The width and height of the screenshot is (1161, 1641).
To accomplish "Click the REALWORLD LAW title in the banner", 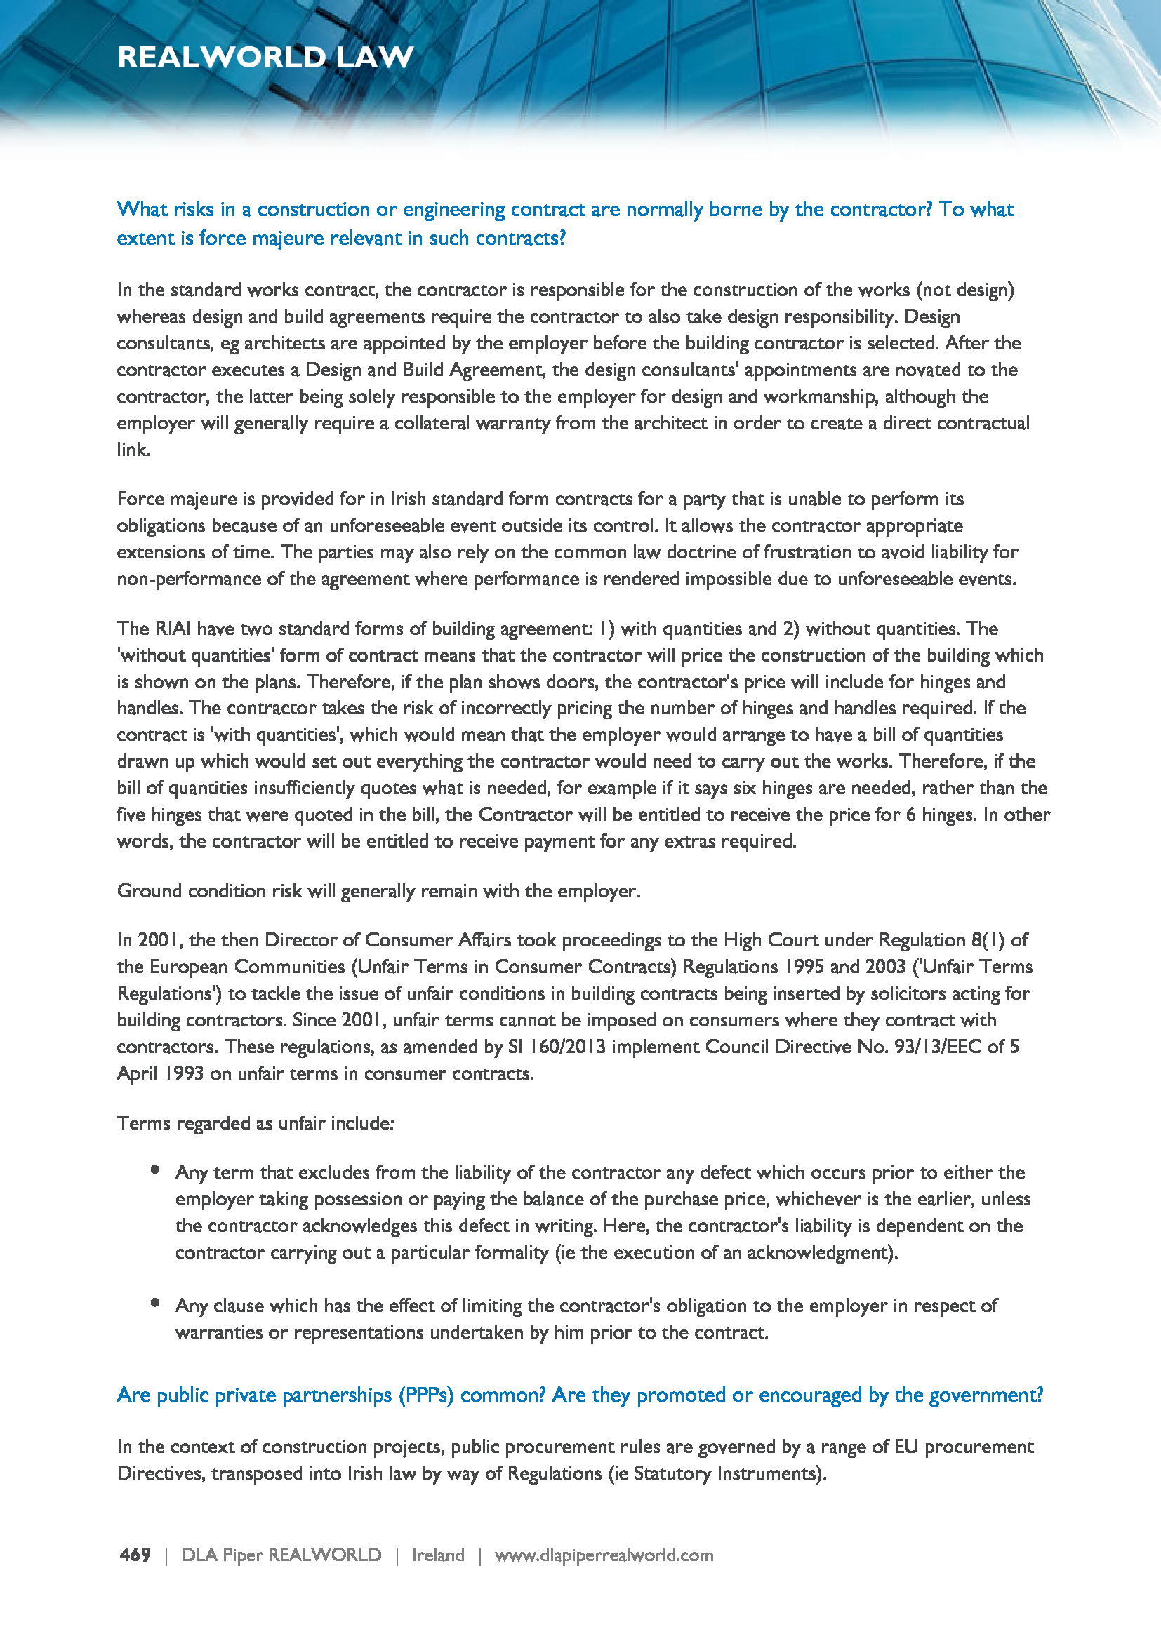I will point(265,57).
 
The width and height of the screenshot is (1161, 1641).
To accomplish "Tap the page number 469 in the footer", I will point(135,1555).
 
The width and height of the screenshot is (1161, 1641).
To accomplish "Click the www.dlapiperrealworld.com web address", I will point(604,1555).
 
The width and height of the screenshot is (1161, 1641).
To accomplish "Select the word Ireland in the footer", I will point(437,1555).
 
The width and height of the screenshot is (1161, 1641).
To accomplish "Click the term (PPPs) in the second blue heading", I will point(426,1395).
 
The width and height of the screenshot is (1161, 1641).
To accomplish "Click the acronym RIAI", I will point(172,628).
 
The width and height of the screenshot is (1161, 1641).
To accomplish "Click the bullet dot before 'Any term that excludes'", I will point(155,1170).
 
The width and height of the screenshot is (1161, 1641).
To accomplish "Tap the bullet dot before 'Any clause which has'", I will point(155,1303).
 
